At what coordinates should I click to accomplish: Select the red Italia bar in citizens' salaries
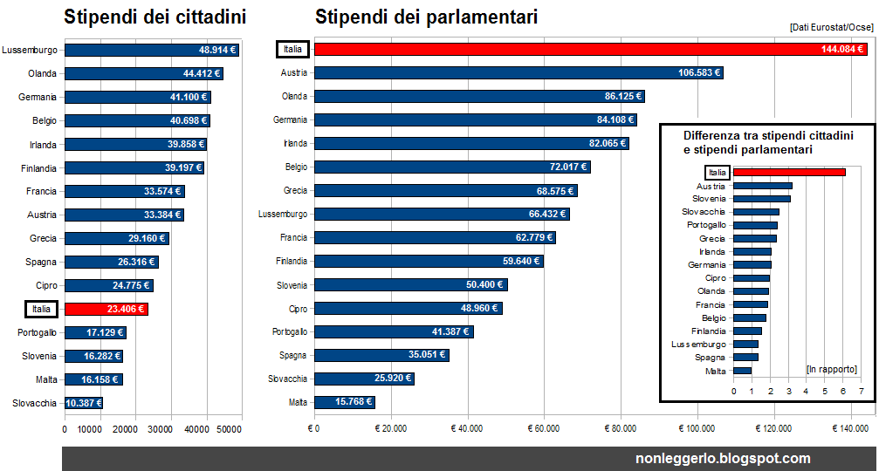[106, 309]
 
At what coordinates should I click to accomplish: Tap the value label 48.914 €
[216, 51]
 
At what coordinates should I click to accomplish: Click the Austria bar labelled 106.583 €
[518, 73]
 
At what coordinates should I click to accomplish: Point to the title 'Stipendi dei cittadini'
[155, 17]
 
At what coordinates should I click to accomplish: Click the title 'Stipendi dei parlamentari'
[426, 17]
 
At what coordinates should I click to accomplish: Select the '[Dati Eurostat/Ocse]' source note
[831, 28]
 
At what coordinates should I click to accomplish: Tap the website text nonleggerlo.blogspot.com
[724, 458]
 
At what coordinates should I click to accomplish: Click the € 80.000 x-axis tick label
[620, 428]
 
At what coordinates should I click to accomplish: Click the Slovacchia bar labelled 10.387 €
[84, 403]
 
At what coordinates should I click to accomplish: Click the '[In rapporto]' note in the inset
[831, 369]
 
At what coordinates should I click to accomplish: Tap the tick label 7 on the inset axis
[862, 392]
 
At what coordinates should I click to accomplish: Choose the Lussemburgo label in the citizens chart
[30, 51]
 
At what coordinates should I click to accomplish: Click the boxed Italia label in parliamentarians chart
[292, 50]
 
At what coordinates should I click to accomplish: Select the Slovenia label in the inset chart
[709, 199]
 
